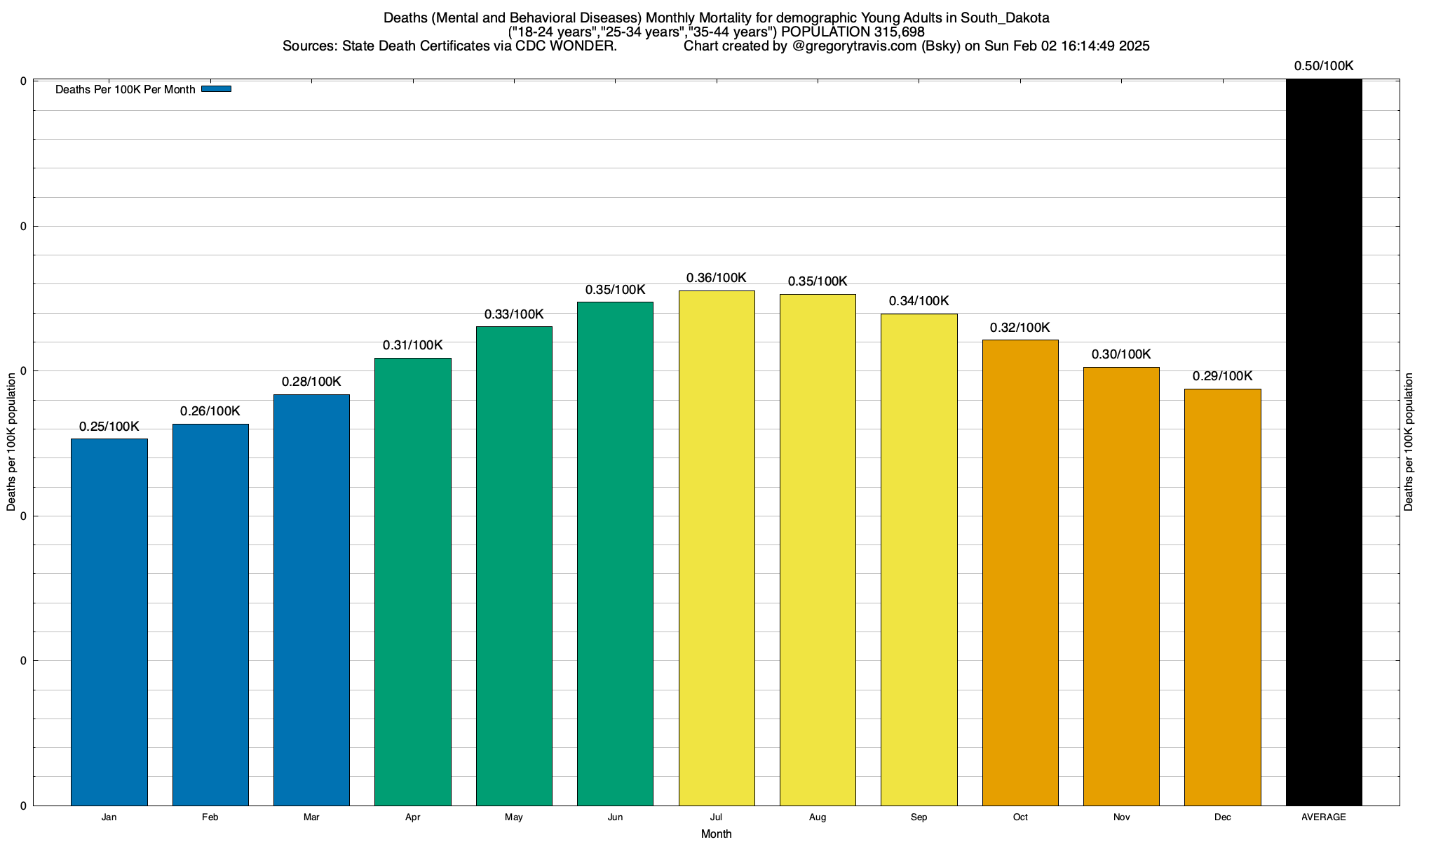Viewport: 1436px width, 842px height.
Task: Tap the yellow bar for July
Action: click(717, 547)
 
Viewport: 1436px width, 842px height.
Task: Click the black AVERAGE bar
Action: click(1324, 442)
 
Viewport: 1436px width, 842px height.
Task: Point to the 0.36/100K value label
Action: click(717, 278)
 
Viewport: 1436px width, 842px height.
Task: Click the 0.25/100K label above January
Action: click(109, 427)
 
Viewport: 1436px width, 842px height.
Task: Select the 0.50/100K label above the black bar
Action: click(1324, 66)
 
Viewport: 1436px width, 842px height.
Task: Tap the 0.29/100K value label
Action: click(1222, 376)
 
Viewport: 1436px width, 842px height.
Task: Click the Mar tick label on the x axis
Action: click(311, 817)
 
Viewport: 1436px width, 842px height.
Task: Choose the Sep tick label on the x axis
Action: click(919, 817)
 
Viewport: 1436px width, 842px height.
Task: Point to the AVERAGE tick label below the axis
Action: click(1324, 817)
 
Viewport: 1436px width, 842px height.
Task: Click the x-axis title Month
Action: click(716, 834)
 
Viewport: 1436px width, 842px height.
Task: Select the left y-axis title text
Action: click(11, 442)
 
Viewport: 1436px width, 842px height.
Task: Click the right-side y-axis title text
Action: click(1409, 442)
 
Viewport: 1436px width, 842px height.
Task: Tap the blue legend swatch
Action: click(216, 89)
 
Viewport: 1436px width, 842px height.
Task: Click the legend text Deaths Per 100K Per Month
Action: click(125, 90)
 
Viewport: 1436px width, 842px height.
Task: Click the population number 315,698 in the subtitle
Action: click(899, 32)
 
